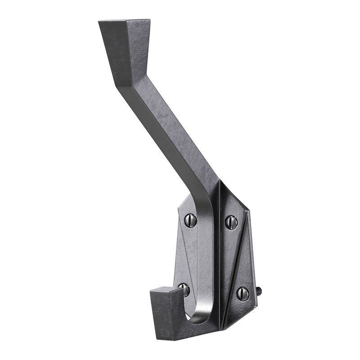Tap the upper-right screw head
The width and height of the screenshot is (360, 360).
[231, 221]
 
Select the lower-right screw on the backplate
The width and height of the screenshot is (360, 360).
[243, 293]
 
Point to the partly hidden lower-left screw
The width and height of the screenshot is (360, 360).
[184, 290]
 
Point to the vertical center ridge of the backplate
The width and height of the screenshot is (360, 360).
[220, 252]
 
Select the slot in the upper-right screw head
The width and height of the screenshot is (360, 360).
[231, 221]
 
